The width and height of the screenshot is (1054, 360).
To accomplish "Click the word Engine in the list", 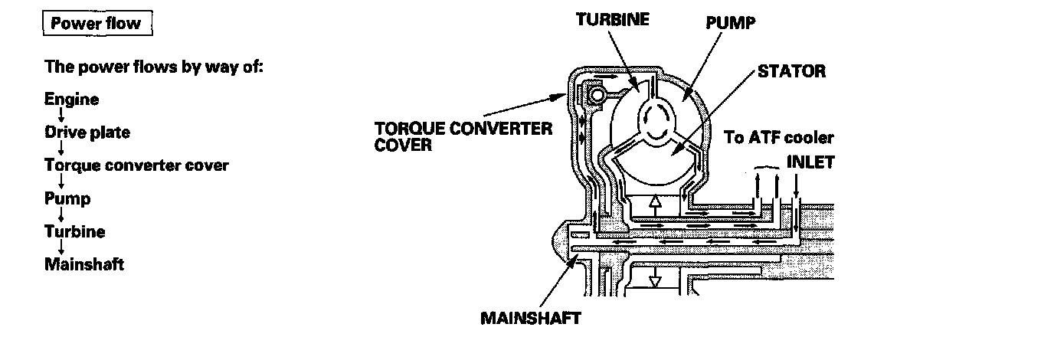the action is (x=71, y=99).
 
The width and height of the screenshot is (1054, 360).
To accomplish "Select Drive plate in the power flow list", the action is (x=87, y=132).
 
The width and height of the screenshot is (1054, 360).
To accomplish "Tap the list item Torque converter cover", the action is (x=136, y=165).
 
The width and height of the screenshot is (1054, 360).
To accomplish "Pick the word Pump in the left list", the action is (x=67, y=198).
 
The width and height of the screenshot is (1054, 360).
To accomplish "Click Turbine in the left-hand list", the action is (x=74, y=231).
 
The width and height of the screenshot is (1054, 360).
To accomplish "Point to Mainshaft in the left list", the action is (x=84, y=265).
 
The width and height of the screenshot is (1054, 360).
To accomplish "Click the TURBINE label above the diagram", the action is (x=612, y=20).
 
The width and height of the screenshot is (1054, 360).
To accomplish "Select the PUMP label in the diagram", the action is (x=730, y=23).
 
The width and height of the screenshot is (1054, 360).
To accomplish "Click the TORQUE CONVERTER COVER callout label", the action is (x=463, y=136).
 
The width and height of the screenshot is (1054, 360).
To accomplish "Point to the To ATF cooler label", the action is (x=779, y=139).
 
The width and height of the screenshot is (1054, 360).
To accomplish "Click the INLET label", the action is (x=810, y=163).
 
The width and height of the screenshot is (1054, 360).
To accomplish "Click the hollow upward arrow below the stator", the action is (x=654, y=204).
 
